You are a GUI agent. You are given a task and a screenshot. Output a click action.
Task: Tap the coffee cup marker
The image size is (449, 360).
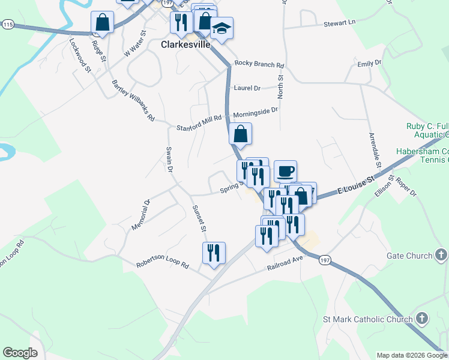[x=286, y=171]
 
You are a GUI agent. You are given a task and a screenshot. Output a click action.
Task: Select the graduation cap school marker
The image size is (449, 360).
[x=222, y=28]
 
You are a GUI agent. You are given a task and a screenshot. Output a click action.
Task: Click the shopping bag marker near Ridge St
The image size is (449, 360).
[x=103, y=23]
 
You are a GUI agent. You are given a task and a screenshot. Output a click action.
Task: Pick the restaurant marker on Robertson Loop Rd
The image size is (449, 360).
[x=214, y=253]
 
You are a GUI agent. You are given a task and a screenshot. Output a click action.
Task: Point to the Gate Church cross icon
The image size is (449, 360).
[x=441, y=256]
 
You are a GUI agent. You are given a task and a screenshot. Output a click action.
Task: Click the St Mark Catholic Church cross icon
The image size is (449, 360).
[x=422, y=319]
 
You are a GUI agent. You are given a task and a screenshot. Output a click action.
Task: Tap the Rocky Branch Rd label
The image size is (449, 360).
[x=259, y=64]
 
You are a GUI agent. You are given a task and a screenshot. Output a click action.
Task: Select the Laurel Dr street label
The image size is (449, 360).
[x=247, y=88]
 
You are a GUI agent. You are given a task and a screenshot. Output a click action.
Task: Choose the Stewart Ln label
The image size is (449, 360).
[x=339, y=22]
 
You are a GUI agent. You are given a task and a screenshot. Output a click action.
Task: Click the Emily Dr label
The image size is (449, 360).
[x=369, y=63]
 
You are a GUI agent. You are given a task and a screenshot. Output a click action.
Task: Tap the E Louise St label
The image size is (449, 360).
[x=355, y=181]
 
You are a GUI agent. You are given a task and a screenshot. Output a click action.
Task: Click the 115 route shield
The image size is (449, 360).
[x=7, y=24]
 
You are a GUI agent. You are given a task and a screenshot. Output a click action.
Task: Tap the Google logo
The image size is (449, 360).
[x=20, y=353]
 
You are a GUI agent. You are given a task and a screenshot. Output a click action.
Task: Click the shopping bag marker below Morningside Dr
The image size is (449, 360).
[x=240, y=134]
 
